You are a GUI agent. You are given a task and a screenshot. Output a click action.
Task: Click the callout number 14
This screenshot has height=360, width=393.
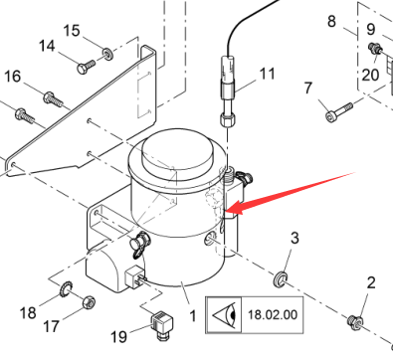coord(47,46)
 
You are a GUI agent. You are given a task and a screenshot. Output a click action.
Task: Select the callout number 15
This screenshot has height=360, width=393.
coord(72,31)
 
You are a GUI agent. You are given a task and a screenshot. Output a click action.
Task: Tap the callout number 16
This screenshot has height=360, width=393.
coord(12,77)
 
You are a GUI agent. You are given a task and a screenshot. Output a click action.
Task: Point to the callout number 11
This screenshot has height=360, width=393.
coord(268,74)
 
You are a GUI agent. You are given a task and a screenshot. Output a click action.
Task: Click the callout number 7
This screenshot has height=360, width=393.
coord(308,88)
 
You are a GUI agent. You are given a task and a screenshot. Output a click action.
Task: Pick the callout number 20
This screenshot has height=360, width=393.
coord(370,75)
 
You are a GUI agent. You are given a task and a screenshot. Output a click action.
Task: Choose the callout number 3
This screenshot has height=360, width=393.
coord(295,238)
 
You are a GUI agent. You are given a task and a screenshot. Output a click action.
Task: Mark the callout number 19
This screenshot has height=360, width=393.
coord(118,337)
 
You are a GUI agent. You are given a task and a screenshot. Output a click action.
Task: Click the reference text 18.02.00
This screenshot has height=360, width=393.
coord(273,314)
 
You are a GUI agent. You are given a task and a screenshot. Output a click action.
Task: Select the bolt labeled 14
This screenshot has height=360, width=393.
coord(86,67)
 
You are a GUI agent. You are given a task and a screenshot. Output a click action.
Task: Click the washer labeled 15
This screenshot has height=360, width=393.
coord(107,53)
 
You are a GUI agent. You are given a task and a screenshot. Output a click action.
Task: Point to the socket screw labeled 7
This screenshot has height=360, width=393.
coord(339,112)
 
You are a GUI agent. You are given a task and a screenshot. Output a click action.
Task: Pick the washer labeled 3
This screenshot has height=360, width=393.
coord(280,278)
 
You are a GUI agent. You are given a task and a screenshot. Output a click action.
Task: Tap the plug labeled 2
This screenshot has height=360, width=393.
coord(355,320)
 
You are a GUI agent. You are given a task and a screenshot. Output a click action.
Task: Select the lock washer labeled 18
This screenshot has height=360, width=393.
coord(66,288)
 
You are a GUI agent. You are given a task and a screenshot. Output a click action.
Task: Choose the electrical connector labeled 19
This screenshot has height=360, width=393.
coord(162,325)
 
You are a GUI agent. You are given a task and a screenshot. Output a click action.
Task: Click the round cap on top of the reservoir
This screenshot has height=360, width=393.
coord(176,153)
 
